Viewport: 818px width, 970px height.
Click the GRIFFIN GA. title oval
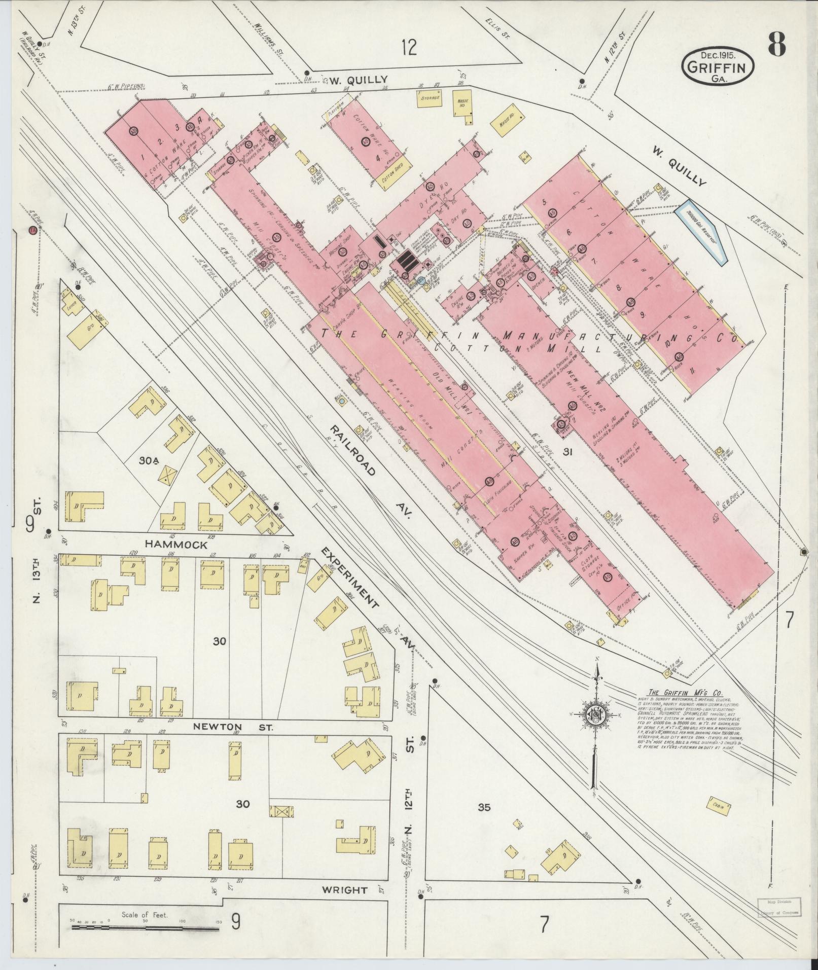pos(717,66)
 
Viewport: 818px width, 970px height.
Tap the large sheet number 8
pos(776,44)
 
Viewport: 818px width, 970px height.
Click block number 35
pos(484,807)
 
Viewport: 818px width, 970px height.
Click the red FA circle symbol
pos(33,229)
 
